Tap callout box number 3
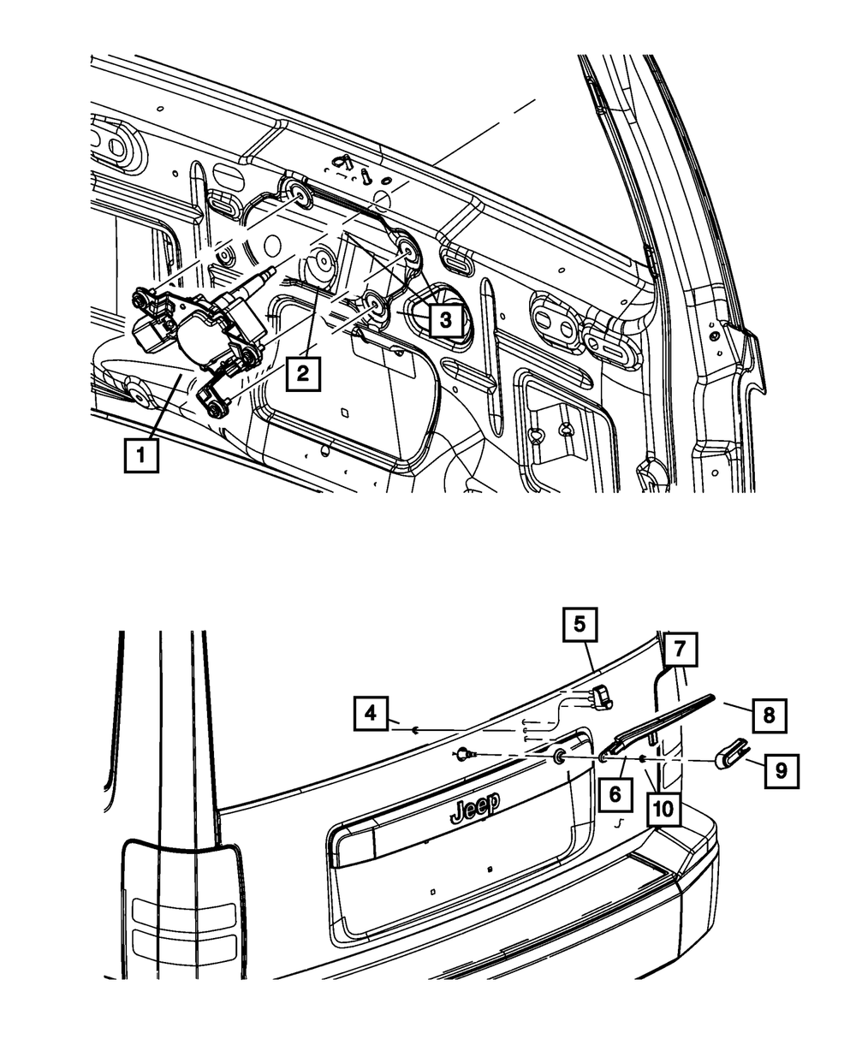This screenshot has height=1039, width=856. tap(445, 321)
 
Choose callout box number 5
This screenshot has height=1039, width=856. tap(580, 625)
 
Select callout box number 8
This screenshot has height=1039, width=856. tap(769, 714)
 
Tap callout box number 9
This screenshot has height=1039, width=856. tap(782, 770)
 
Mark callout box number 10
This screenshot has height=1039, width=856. tap(664, 806)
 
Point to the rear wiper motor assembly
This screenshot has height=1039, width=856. tap(205, 330)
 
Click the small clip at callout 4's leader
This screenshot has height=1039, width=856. tap(413, 730)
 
